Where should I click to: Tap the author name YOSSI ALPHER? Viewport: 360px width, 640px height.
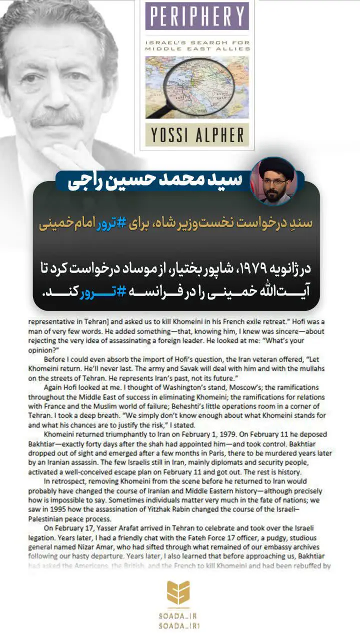pos(197,135)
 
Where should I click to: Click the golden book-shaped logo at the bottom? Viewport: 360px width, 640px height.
pos(178,592)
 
